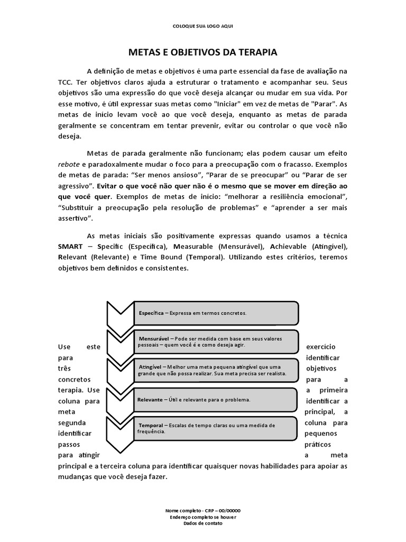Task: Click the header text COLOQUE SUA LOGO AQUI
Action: click(202, 26)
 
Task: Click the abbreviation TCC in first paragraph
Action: click(66, 82)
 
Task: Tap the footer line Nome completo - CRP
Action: click(203, 510)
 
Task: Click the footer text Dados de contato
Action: click(203, 523)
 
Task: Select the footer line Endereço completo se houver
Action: click(203, 517)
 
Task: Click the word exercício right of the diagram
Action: click(321, 347)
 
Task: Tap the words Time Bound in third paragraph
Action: click(164, 257)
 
